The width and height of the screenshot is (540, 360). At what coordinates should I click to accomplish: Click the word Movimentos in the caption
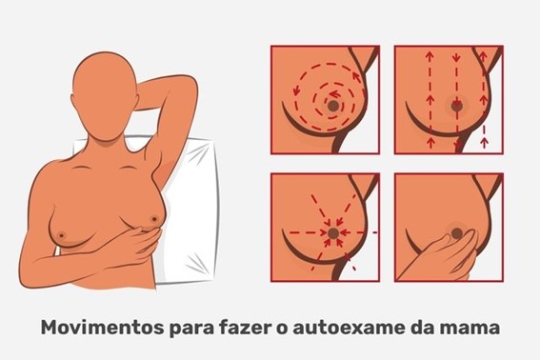(102, 328)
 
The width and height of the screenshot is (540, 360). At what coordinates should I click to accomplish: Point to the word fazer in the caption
(244, 328)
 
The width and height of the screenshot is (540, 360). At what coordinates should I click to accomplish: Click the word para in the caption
(191, 329)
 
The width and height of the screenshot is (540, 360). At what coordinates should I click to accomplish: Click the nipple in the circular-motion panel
(333, 106)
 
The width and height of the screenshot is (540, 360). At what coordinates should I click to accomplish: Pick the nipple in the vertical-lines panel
(457, 106)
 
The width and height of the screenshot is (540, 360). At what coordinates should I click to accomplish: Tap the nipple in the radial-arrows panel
(333, 233)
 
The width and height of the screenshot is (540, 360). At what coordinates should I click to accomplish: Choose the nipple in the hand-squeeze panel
(457, 233)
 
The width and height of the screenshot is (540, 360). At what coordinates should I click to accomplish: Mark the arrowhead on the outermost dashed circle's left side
(295, 90)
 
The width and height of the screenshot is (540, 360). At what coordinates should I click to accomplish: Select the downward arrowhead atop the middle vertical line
(456, 56)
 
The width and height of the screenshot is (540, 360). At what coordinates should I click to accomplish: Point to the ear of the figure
(136, 101)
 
